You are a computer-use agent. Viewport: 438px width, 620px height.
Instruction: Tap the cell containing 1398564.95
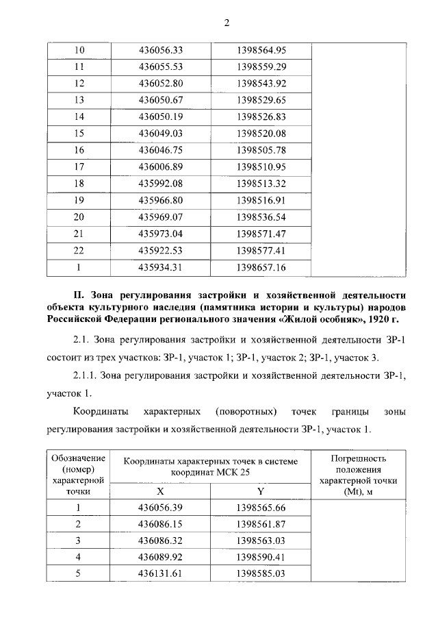[x=261, y=51]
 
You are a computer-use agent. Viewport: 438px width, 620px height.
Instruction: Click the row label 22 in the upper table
[x=78, y=251]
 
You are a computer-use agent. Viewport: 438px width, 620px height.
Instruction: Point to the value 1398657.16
[x=261, y=267]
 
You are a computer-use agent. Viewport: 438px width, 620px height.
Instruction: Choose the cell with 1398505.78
[x=261, y=151]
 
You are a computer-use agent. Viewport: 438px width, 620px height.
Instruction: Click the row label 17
[x=78, y=167]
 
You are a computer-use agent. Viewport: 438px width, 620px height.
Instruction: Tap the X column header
[x=161, y=491]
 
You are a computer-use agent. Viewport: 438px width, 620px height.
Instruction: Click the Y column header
[x=261, y=491]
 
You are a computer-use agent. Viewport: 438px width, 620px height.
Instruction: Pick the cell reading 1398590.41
[x=261, y=557]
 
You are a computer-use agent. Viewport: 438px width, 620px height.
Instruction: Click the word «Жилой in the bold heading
[x=296, y=319]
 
